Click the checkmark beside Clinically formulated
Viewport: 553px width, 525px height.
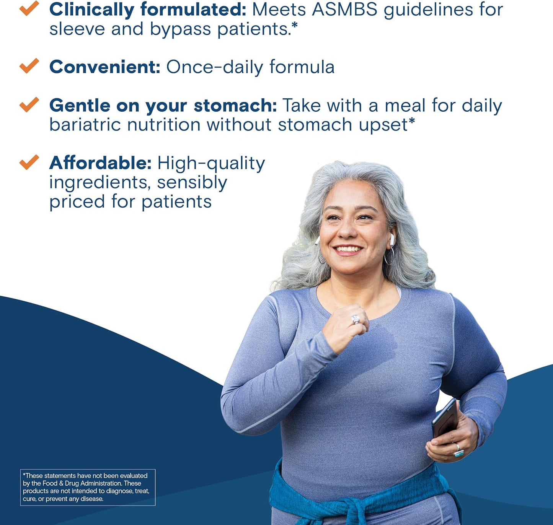(29, 8)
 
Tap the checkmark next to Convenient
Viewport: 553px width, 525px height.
(29, 66)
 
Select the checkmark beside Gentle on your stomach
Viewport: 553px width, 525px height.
(29, 104)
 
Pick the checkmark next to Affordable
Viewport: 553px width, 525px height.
(29, 162)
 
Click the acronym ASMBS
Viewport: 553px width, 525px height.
(345, 10)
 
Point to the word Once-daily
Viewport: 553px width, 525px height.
(215, 67)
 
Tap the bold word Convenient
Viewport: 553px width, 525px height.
(104, 67)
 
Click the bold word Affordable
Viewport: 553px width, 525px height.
(100, 163)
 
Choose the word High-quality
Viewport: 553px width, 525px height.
(211, 164)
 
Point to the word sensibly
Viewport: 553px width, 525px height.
(192, 183)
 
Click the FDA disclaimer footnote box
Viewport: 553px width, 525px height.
(88, 487)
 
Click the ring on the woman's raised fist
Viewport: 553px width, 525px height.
(356, 319)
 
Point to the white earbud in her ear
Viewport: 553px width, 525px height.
(392, 239)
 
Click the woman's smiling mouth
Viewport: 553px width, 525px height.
(347, 250)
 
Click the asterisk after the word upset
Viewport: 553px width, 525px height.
(412, 122)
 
